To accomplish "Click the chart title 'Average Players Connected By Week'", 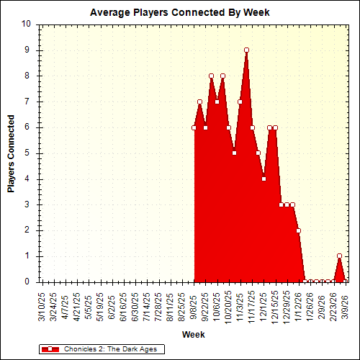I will pos(179,13).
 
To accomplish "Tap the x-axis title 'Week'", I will pos(193,334).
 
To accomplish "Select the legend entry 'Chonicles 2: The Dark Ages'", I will pos(112,349).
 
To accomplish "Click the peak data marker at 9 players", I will pos(246,50).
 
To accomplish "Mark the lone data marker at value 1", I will pos(339,256).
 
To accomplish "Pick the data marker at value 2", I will pos(298,230).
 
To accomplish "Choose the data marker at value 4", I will pos(264,179).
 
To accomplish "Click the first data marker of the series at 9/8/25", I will pos(194,127).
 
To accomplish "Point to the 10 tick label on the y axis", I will pos(26,24).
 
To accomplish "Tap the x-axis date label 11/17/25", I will pos(252,305).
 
